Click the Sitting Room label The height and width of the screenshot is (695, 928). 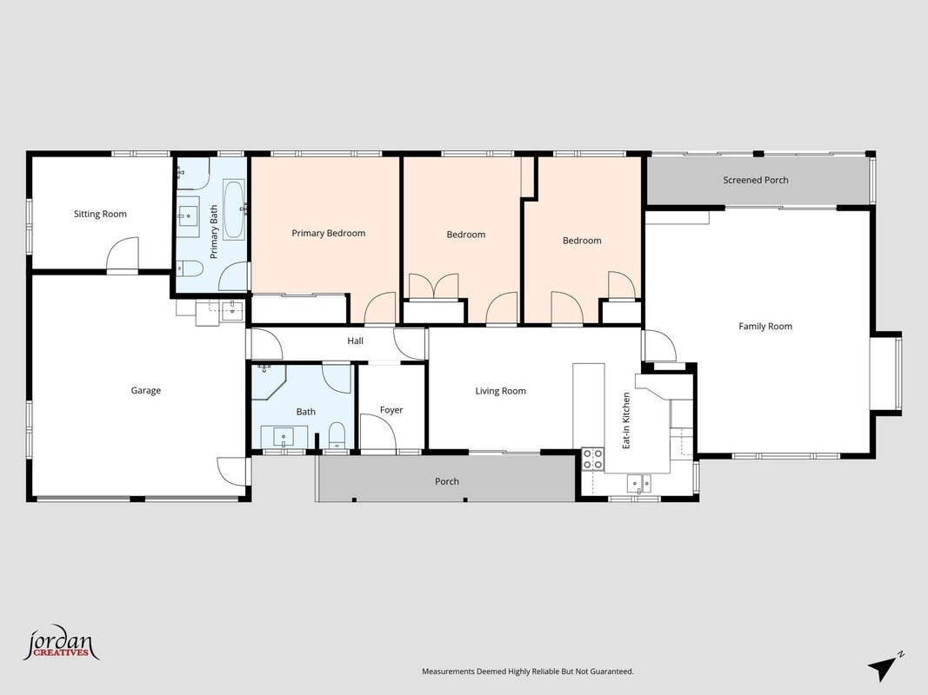click(100, 214)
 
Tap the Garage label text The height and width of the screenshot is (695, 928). click(145, 391)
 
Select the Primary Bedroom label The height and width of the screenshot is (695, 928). click(329, 233)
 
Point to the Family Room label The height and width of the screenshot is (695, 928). click(765, 327)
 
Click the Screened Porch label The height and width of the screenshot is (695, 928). click(756, 180)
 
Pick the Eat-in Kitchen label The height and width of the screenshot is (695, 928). click(626, 420)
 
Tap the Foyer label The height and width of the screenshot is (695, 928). click(391, 410)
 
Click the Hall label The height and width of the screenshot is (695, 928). click(355, 341)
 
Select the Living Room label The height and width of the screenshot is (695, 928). click(501, 391)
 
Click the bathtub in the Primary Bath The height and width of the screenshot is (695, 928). click(234, 209)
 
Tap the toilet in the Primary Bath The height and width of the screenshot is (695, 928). click(190, 269)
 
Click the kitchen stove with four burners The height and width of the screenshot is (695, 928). click(592, 460)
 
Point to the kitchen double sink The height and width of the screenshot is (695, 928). click(639, 483)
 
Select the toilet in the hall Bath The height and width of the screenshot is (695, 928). click(337, 435)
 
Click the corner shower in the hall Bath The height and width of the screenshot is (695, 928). click(269, 381)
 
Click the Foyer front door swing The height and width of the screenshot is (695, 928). click(378, 432)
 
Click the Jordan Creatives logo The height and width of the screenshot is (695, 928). click(61, 642)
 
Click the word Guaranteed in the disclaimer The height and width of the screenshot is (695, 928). click(613, 672)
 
